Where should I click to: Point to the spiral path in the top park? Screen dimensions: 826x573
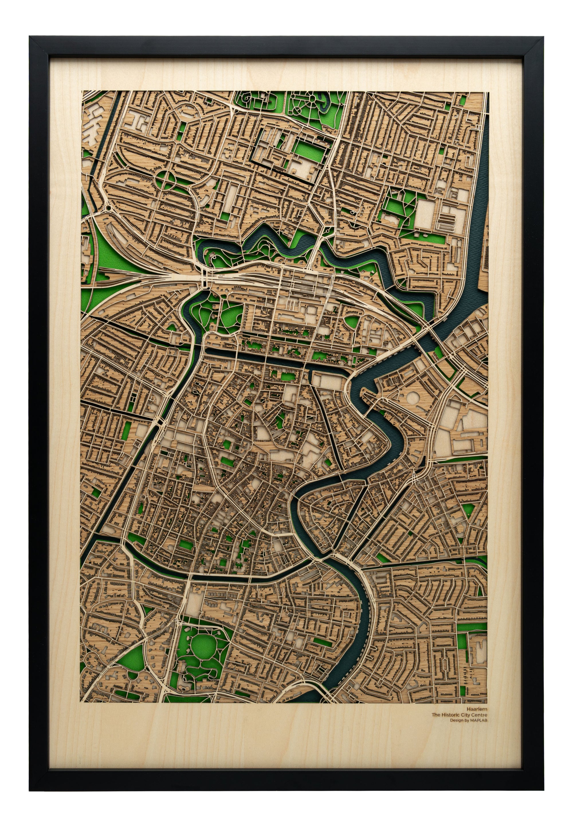click(x=247, y=97)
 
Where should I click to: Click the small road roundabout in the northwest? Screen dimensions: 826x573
click(x=108, y=208)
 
